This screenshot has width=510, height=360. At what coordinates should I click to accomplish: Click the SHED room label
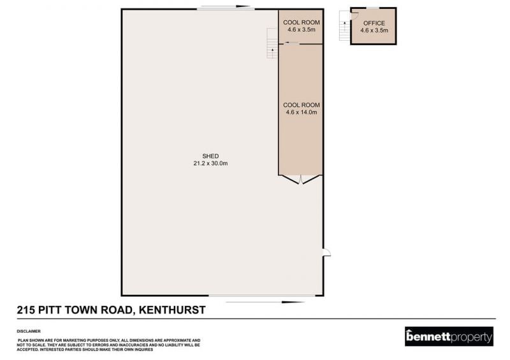(x=210, y=156)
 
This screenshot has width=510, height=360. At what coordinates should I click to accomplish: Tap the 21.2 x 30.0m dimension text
(x=210, y=163)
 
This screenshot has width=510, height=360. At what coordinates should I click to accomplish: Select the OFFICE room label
(x=374, y=23)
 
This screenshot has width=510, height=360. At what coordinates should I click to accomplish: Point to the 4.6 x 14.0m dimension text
(x=302, y=112)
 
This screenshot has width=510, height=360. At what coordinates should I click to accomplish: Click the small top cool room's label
(x=302, y=22)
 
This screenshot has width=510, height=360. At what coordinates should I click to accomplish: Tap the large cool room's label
(x=302, y=105)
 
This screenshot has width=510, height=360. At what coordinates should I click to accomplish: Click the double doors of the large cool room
(x=300, y=180)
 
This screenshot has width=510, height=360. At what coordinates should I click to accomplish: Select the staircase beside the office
(x=344, y=25)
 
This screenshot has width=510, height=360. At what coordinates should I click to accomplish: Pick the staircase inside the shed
(x=272, y=43)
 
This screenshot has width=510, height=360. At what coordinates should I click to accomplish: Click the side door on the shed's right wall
(x=326, y=252)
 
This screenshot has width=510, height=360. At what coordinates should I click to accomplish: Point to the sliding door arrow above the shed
(x=224, y=6)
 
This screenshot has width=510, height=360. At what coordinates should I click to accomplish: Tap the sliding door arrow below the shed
(x=265, y=302)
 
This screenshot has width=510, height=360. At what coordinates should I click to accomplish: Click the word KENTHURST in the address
(x=172, y=310)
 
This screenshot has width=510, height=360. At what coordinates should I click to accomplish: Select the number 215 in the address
(x=26, y=310)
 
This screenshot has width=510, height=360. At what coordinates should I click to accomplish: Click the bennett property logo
(x=449, y=336)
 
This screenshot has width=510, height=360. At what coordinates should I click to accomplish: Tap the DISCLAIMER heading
(x=29, y=331)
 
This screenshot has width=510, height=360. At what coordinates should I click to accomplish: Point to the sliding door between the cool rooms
(x=292, y=43)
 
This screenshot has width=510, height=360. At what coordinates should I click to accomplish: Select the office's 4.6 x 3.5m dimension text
(x=374, y=31)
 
